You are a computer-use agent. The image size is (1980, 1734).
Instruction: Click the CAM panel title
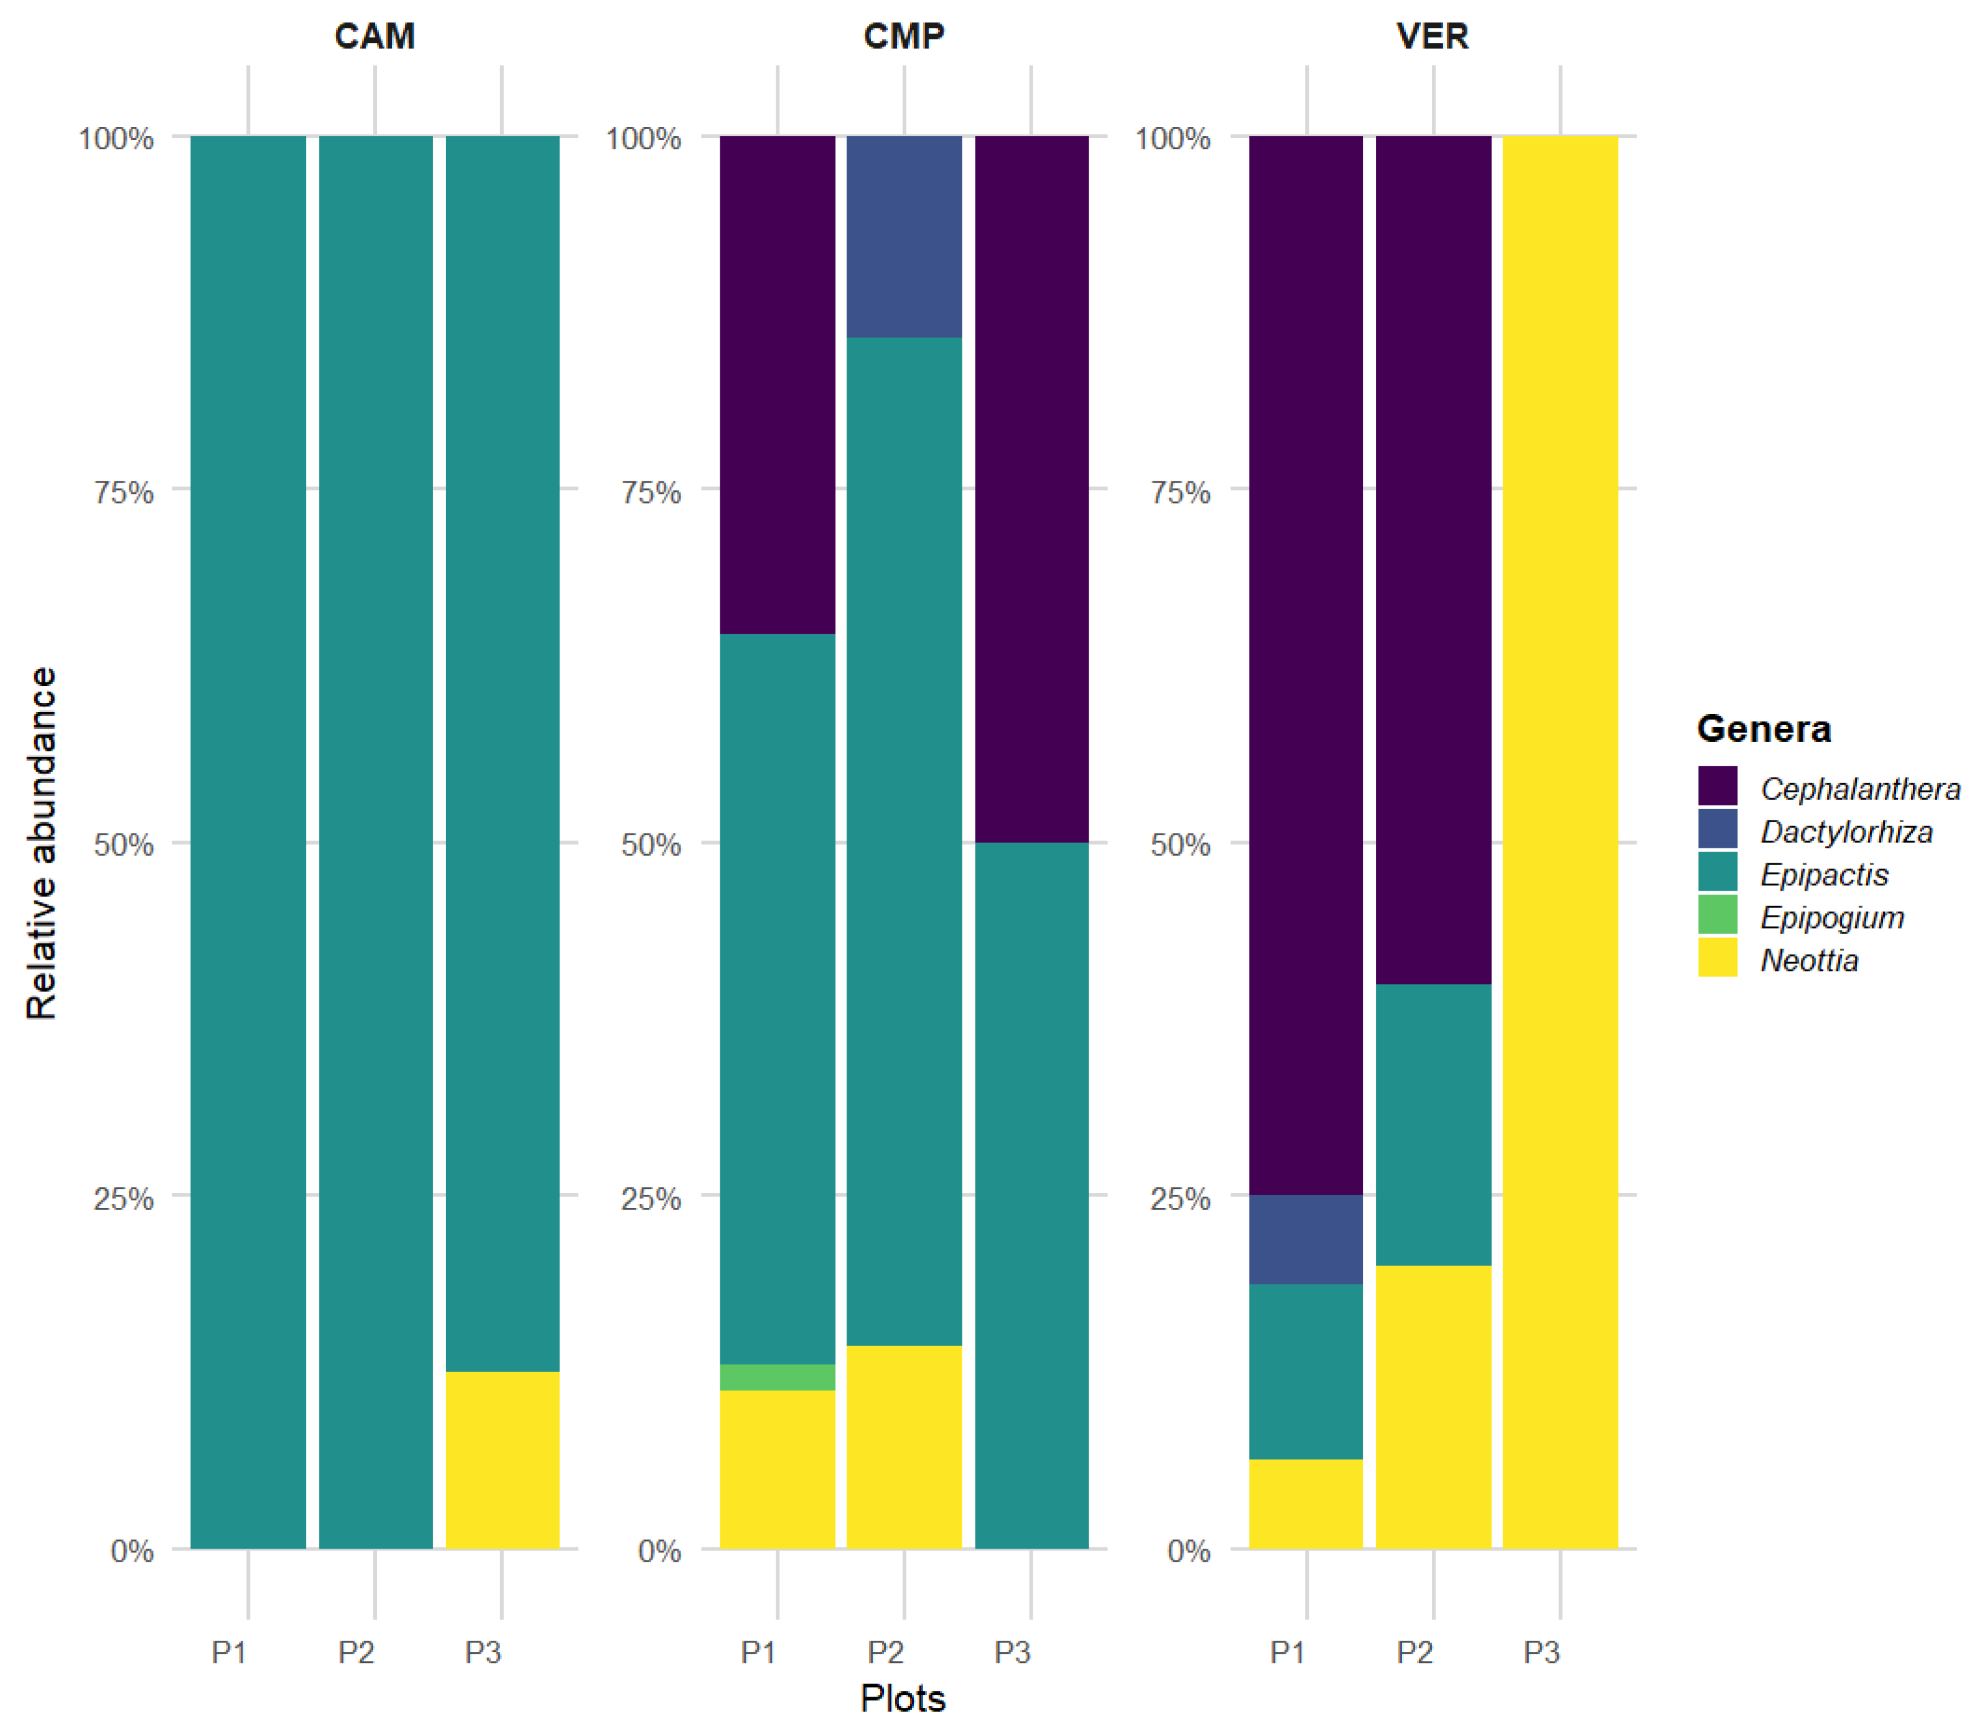tap(374, 37)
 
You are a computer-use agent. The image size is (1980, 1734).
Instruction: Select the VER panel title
tap(1432, 37)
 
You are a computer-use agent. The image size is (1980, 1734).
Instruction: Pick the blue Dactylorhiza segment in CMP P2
tap(904, 236)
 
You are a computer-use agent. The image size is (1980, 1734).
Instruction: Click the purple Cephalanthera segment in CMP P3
tap(1031, 489)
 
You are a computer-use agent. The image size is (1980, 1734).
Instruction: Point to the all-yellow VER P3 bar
tap(1560, 842)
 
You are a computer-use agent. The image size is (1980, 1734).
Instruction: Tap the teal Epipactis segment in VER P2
tap(1433, 1124)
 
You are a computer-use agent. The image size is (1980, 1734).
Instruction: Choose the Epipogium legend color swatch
tap(1717, 914)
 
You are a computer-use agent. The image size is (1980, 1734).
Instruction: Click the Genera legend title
tap(1764, 729)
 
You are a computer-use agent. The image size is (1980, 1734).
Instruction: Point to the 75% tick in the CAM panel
tap(123, 493)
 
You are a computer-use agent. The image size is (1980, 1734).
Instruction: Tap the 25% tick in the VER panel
tap(1179, 1199)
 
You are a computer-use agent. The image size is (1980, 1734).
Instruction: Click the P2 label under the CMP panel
tap(885, 1652)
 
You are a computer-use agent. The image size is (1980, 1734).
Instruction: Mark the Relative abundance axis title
tap(42, 842)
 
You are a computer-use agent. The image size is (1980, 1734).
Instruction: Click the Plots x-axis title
tap(903, 1698)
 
